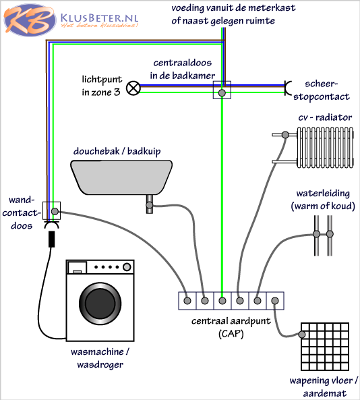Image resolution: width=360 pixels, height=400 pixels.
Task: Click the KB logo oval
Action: click(30, 20)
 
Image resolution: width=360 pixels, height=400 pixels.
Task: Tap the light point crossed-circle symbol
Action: click(133, 88)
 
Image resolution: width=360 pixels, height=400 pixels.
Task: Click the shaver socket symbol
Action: click(288, 88)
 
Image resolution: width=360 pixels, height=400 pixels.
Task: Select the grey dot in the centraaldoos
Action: click(222, 93)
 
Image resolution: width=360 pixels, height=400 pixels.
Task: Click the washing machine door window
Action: click(100, 304)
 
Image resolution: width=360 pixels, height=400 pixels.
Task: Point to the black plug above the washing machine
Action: click(52, 239)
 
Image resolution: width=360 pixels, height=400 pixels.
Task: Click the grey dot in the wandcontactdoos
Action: click(55, 211)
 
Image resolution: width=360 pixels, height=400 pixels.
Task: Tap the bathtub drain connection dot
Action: click(150, 205)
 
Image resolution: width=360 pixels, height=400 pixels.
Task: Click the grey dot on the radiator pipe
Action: click(285, 135)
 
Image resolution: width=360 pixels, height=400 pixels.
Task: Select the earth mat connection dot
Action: click(302, 335)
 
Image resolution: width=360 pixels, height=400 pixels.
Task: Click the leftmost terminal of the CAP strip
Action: click(187, 301)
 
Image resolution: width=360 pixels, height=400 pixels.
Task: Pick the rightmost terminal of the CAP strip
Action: click(275, 301)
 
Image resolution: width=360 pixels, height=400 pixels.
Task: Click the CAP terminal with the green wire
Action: click(222, 301)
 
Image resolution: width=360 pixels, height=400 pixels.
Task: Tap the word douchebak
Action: click(96, 151)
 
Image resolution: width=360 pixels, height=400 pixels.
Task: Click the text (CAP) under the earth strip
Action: click(231, 333)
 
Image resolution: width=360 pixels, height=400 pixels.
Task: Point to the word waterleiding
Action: click(323, 194)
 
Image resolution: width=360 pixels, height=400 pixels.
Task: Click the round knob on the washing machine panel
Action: click(127, 267)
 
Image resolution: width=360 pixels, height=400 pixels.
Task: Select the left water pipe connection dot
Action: click(316, 234)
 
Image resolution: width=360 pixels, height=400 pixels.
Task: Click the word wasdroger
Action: click(100, 364)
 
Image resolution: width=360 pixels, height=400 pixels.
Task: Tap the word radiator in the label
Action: click(334, 117)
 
